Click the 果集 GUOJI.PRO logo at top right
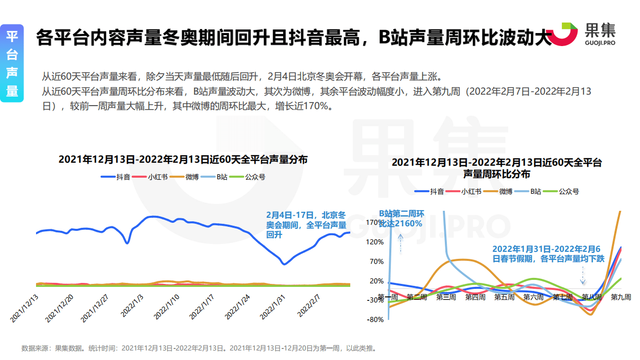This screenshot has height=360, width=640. pos(588,34)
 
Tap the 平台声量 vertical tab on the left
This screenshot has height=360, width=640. pos(12,63)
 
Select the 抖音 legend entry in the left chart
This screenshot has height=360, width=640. pos(116,177)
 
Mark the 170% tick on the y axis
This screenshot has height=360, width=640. pos(376,222)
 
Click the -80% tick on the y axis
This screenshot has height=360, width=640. pos(376,319)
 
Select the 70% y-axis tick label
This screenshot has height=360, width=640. pos(377,261)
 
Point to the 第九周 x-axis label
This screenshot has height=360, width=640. pos(620,297)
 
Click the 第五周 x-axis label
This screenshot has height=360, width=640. pos(504,297)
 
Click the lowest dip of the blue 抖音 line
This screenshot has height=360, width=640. pos(284,264)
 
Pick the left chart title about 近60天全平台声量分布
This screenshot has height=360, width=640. pos(183,160)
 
